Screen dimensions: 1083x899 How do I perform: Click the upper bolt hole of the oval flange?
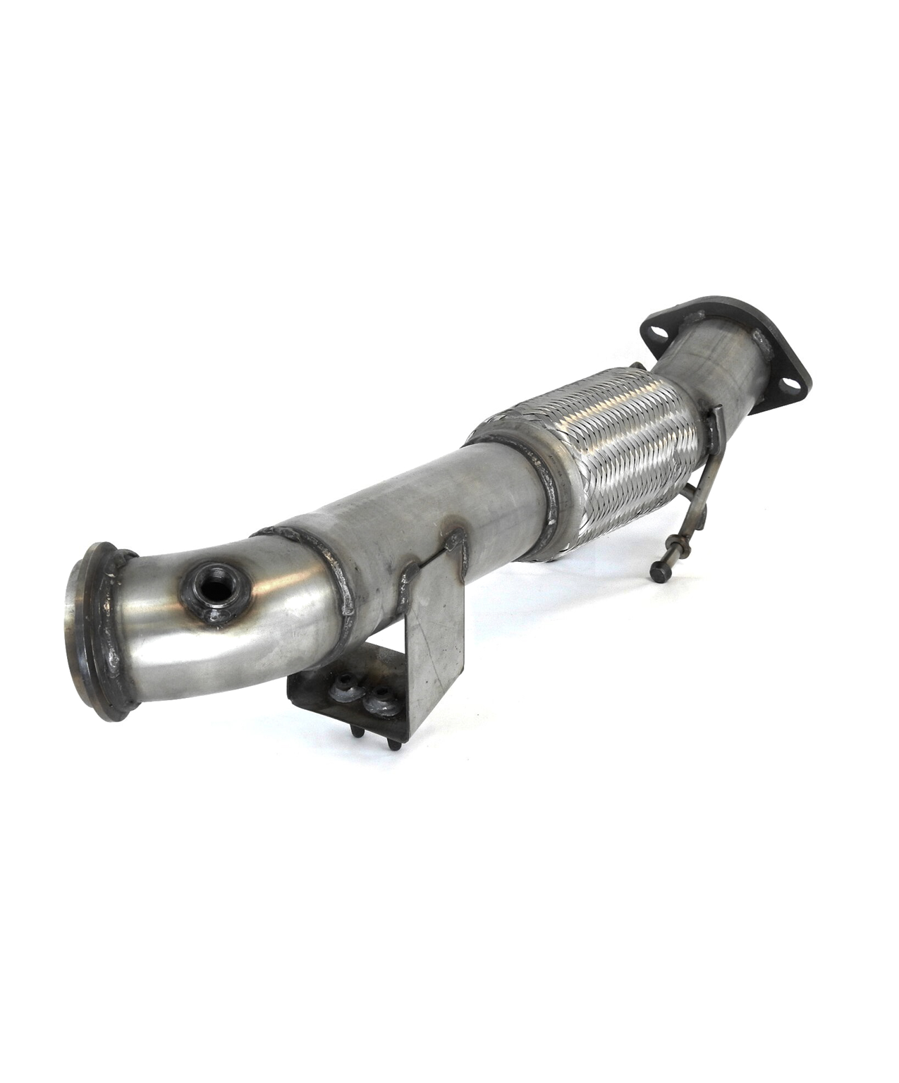tap(657, 333)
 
